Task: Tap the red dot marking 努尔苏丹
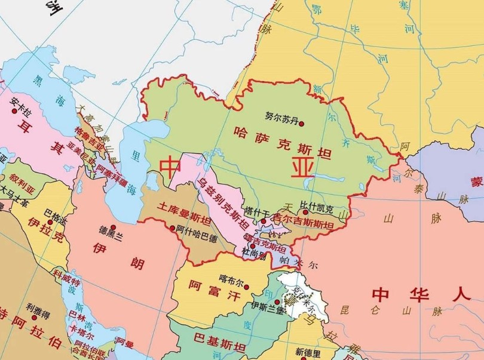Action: tap(301, 124)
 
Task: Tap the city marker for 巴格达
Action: tap(47, 220)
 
